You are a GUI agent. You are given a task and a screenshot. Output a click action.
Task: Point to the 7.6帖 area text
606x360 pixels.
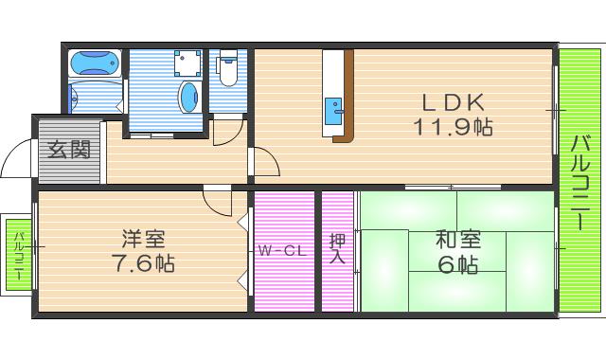point(143,262)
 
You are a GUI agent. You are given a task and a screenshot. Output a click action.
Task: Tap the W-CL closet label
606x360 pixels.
point(281,251)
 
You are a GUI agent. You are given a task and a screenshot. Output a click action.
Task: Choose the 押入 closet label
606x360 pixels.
point(337,250)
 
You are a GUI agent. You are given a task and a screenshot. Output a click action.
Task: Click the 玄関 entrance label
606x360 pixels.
point(70,150)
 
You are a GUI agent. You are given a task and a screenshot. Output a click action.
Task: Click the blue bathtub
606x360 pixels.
point(96,64)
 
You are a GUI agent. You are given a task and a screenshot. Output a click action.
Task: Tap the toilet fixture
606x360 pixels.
point(227,69)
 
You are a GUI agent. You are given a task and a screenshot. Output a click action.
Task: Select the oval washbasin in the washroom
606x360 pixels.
point(189,97)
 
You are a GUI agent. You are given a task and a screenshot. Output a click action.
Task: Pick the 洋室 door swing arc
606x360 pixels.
point(218,202)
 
